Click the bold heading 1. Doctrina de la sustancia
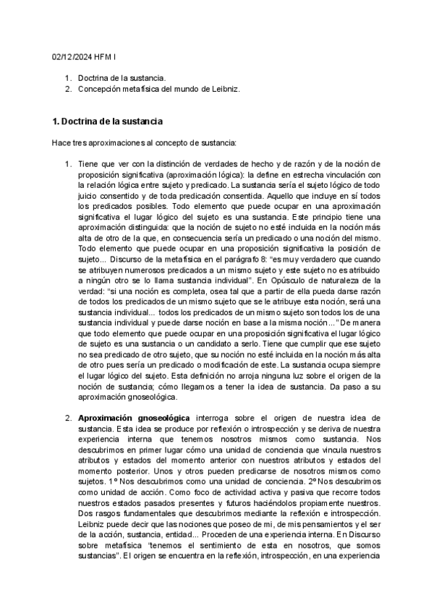click(x=108, y=120)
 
